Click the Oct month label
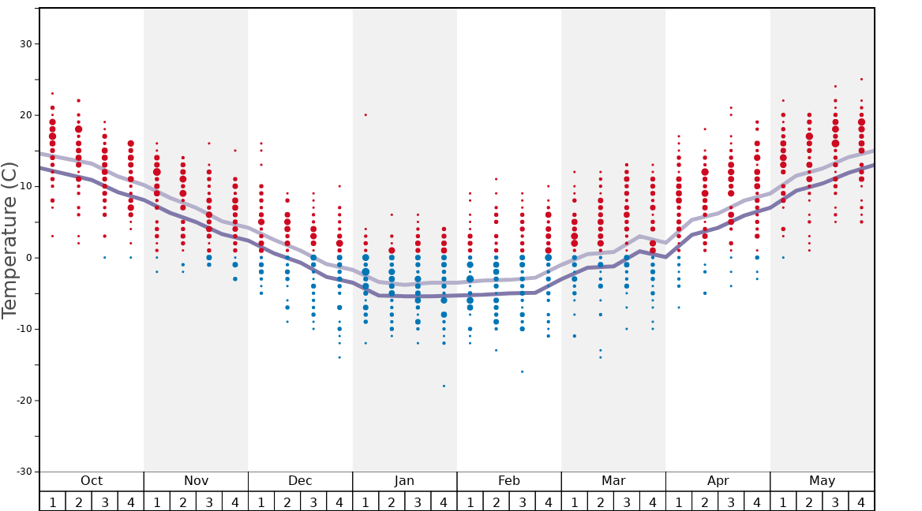pyautogui.click(x=92, y=481)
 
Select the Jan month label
pyautogui.click(x=404, y=481)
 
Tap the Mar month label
pyautogui.click(x=613, y=481)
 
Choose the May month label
pyautogui.click(x=822, y=481)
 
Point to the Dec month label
pyautogui.click(x=300, y=481)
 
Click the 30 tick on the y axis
pyautogui.click(x=25, y=44)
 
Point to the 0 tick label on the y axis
pyautogui.click(x=28, y=258)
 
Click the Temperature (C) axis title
pyautogui.click(x=9, y=240)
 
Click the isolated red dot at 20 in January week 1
pyautogui.click(x=365, y=115)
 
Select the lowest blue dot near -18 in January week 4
pyautogui.click(x=444, y=386)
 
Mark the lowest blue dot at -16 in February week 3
pyautogui.click(x=522, y=371)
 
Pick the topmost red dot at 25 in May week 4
pyautogui.click(x=861, y=80)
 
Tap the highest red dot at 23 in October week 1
pyautogui.click(x=53, y=94)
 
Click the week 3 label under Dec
pyautogui.click(x=313, y=502)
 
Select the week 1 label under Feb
pyautogui.click(x=470, y=502)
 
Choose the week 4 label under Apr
pyautogui.click(x=757, y=502)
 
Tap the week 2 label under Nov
pyautogui.click(x=183, y=502)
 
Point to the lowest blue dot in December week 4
pyautogui.click(x=339, y=357)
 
